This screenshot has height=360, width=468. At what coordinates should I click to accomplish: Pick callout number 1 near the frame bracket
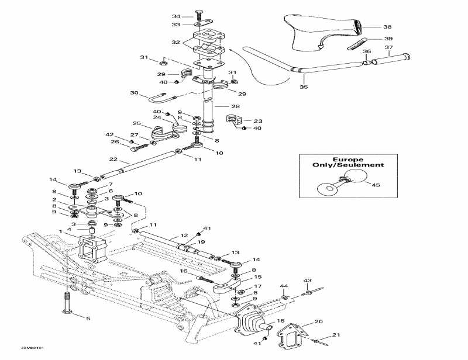60,231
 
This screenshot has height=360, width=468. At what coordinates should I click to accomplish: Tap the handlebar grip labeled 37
397,57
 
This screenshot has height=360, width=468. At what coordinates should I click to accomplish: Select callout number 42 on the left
109,135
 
